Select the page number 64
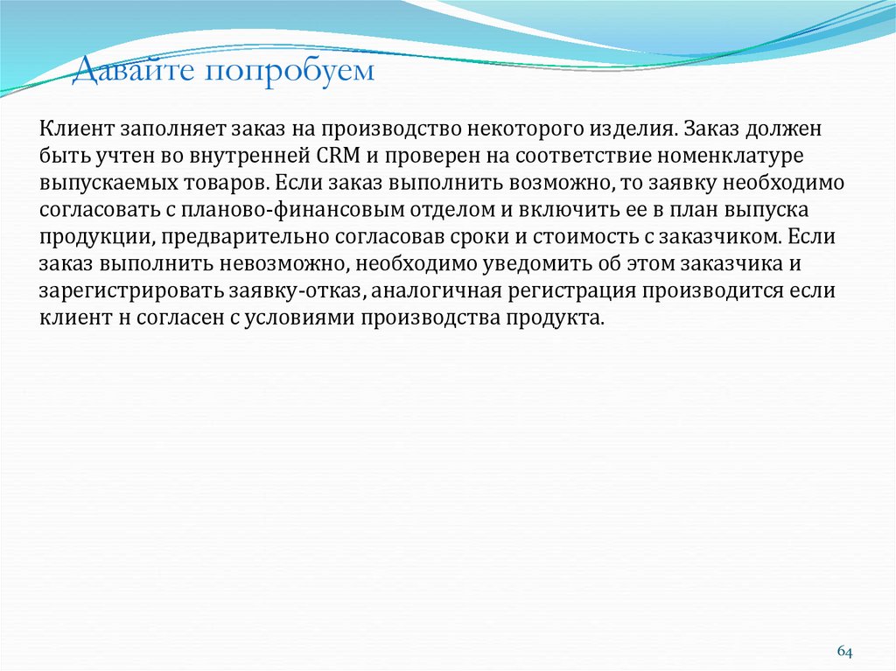844,652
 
